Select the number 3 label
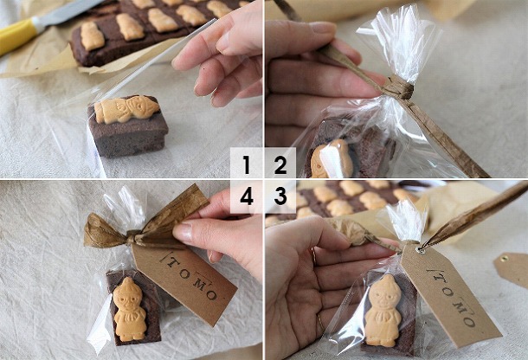click(280, 196)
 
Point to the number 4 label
click(247, 196)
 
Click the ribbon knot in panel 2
click(397, 87)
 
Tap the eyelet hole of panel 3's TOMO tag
click(422, 250)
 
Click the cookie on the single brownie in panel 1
click(126, 109)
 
